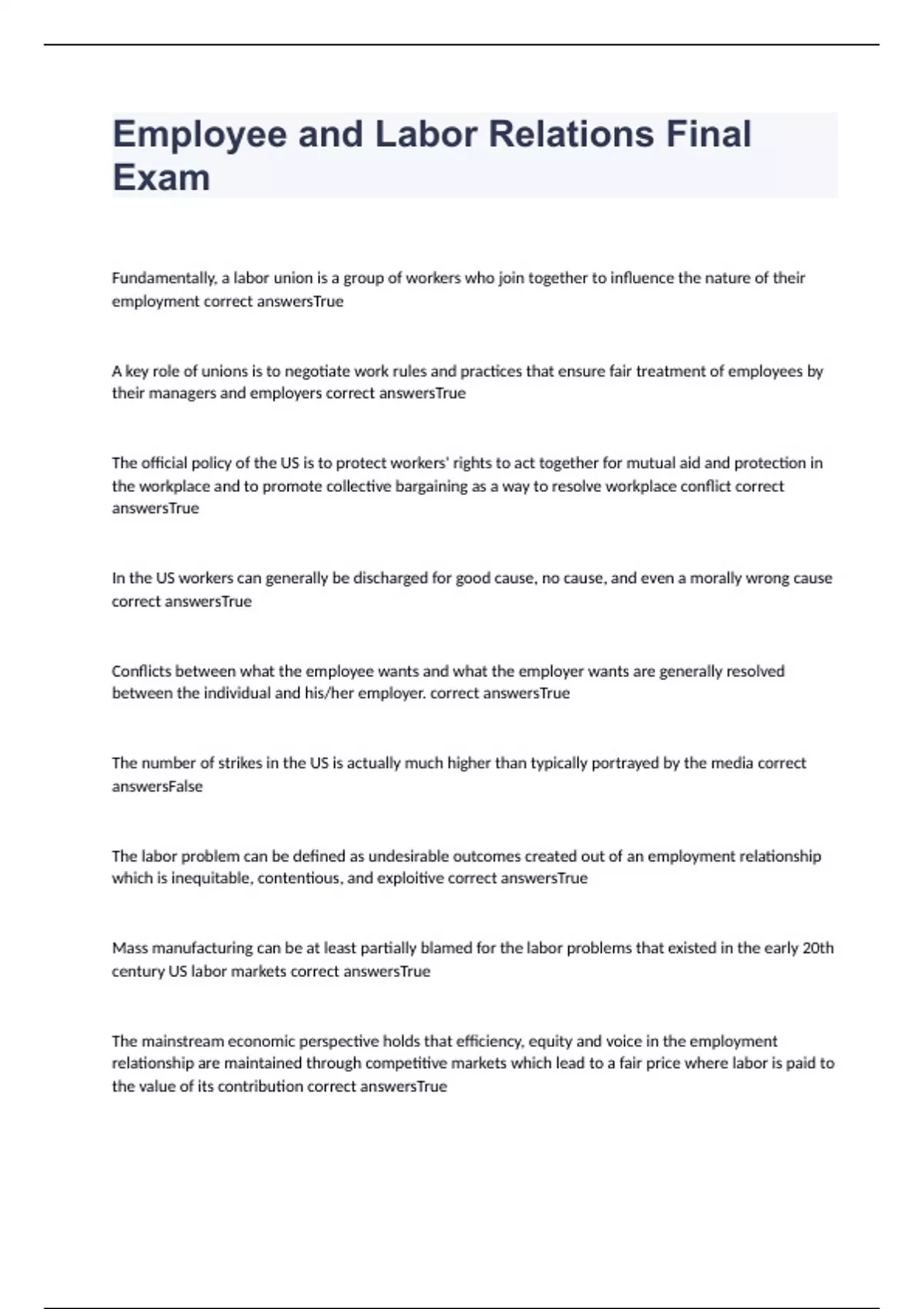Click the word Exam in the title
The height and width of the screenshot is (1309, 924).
pos(161,178)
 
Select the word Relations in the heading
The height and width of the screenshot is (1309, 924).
pos(571,134)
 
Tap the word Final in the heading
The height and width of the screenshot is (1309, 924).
pos(708,134)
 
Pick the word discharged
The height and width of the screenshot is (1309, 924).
pos(390,578)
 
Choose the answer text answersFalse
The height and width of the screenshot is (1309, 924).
pos(157,786)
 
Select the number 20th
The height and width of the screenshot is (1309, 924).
pos(818,948)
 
